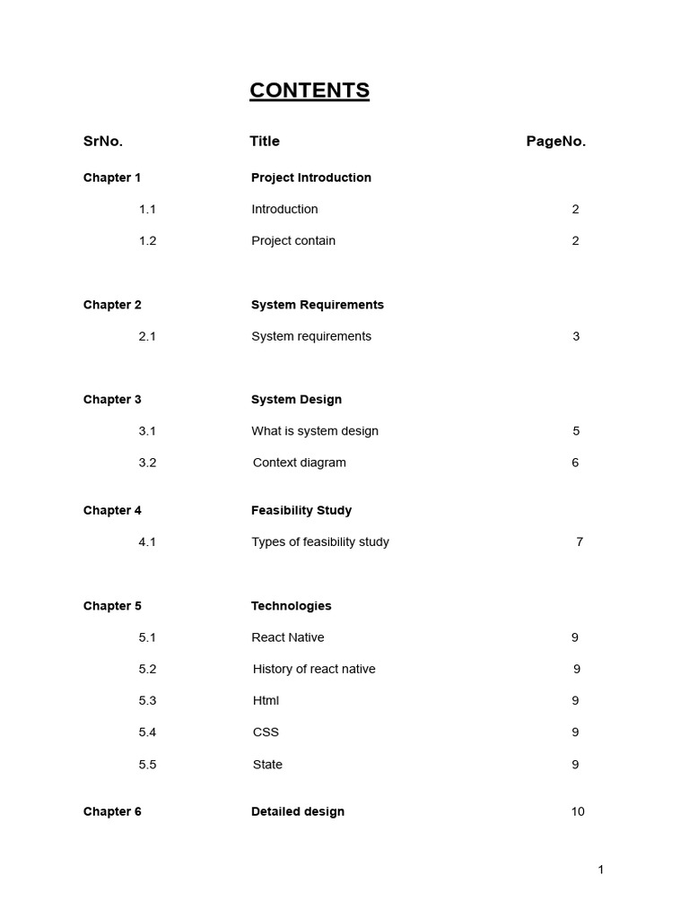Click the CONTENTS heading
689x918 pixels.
(310, 91)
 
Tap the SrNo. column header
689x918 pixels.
(103, 141)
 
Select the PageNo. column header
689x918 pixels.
(555, 141)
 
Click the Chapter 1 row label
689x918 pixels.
(112, 178)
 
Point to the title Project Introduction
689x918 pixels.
(310, 178)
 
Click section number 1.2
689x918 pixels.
(147, 240)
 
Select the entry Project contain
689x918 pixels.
(293, 240)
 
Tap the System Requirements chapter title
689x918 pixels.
(317, 305)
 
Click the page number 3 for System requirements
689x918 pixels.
(576, 336)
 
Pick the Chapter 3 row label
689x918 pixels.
(112, 399)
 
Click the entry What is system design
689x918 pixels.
(315, 430)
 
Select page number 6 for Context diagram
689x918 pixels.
(575, 463)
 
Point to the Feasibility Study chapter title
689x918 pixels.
(301, 510)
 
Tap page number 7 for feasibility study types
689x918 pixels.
(580, 541)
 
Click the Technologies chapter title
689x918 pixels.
(291, 606)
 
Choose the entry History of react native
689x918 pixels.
(314, 669)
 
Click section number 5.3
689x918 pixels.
(147, 700)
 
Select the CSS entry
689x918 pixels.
(266, 732)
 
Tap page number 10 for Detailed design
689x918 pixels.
(578, 811)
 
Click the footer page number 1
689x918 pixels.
(601, 870)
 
